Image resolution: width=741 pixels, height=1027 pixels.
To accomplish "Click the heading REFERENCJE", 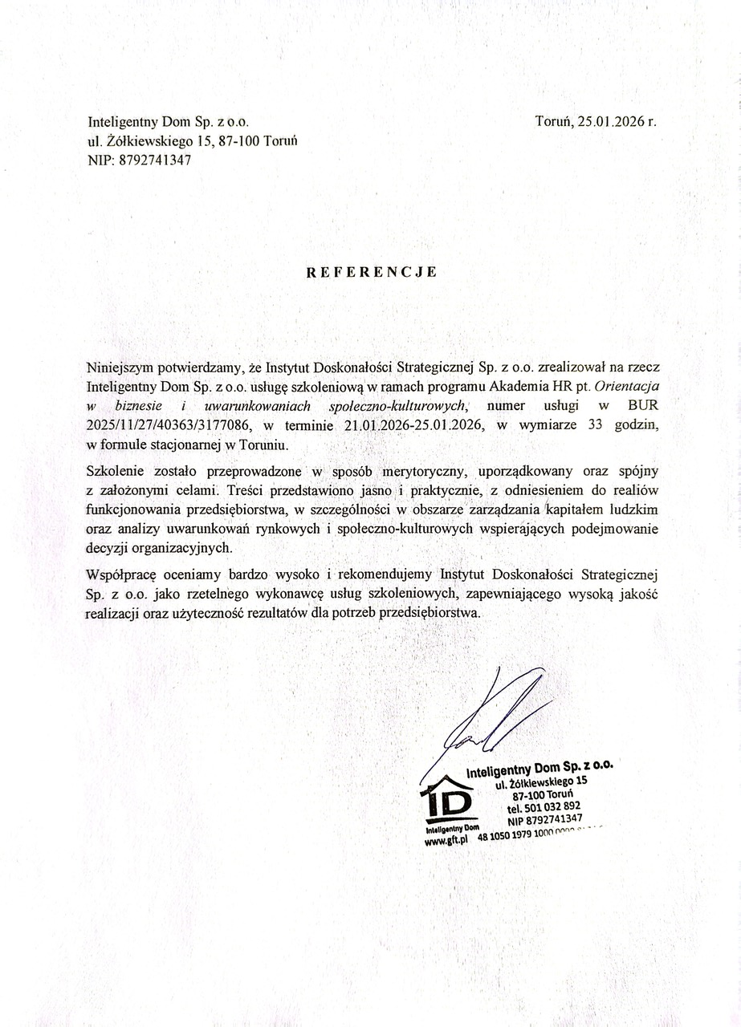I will [x=372, y=271].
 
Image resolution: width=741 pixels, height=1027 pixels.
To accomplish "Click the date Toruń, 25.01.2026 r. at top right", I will [x=596, y=122].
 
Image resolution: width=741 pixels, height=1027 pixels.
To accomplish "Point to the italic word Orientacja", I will [x=624, y=387].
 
